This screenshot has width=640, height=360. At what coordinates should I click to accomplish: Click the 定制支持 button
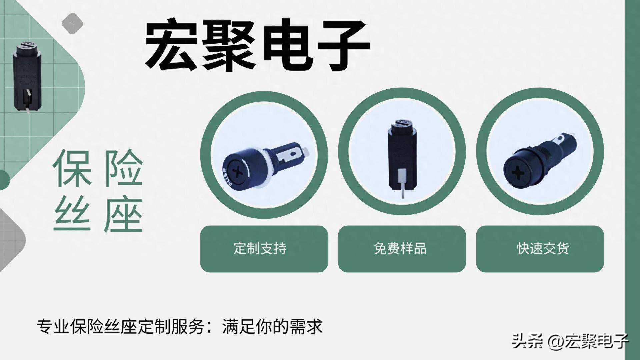264,249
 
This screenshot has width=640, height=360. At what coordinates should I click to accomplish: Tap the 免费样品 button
402,249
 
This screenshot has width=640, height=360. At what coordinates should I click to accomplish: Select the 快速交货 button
540,249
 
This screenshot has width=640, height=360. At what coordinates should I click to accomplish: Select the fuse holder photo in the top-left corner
27,77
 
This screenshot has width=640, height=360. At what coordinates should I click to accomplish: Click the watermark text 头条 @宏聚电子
570,341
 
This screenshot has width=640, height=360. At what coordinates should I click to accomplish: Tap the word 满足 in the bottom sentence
239,326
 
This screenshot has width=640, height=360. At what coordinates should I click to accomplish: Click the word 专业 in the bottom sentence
53,326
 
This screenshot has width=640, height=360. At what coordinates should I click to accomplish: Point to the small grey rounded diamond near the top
72,23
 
